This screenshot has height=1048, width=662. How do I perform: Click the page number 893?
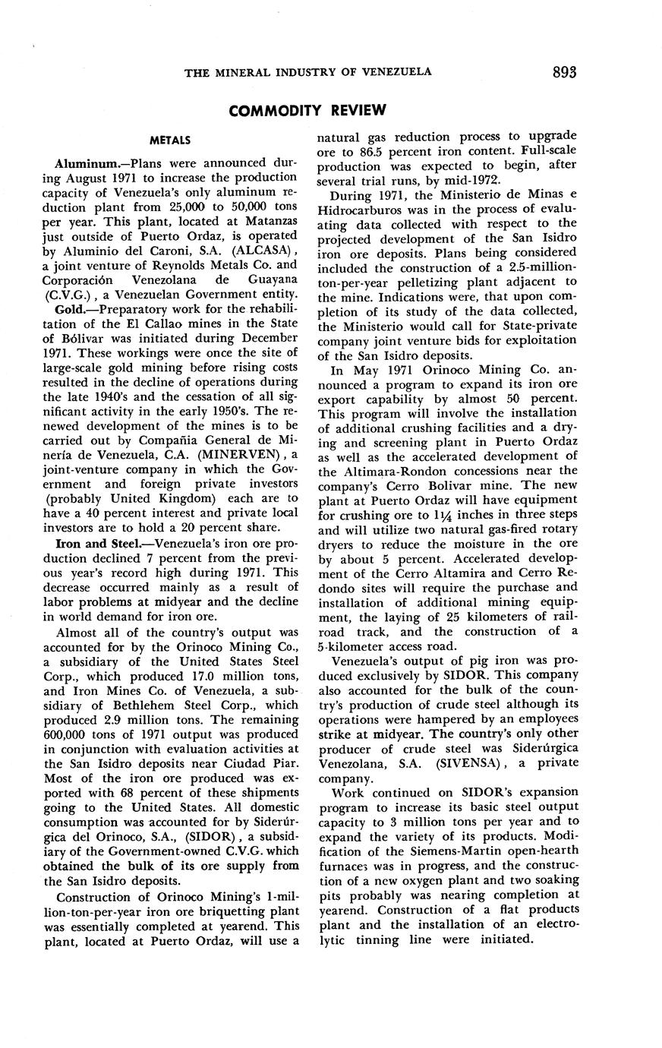(565, 72)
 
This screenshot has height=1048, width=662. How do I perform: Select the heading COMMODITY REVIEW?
(307, 111)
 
